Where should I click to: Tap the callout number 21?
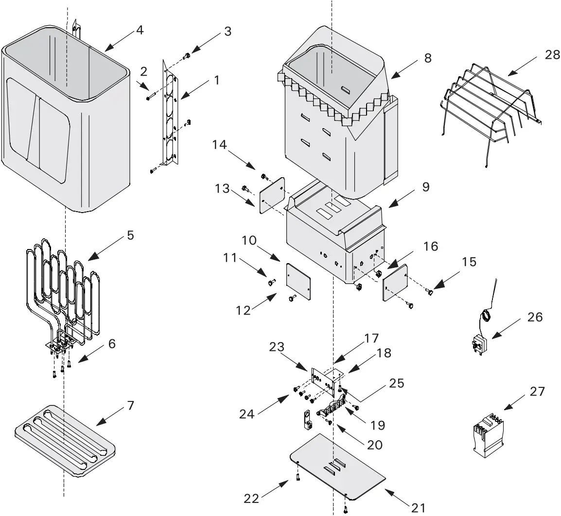[418, 508]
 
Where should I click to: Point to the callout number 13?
[223, 188]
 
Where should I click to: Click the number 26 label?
[535, 317]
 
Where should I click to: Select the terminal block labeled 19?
[333, 408]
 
